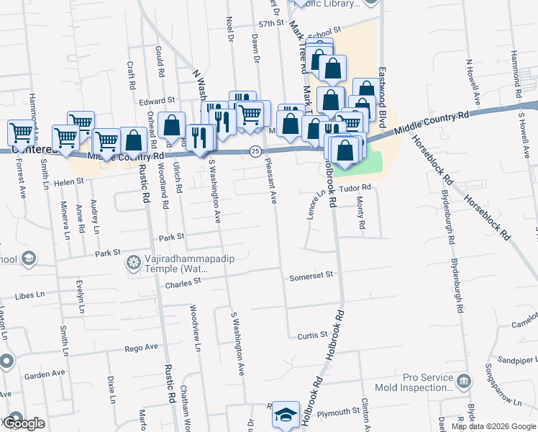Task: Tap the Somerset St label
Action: [x=311, y=275]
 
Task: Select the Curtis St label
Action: [x=313, y=335]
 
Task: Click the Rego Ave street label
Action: [x=141, y=347]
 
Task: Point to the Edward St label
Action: [x=158, y=101]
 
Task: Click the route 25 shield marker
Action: [x=255, y=151]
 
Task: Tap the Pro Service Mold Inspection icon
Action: [x=465, y=379]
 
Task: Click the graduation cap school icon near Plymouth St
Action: [x=286, y=415]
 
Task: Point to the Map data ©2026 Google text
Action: [x=493, y=426]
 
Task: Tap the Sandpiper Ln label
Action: [x=503, y=359]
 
